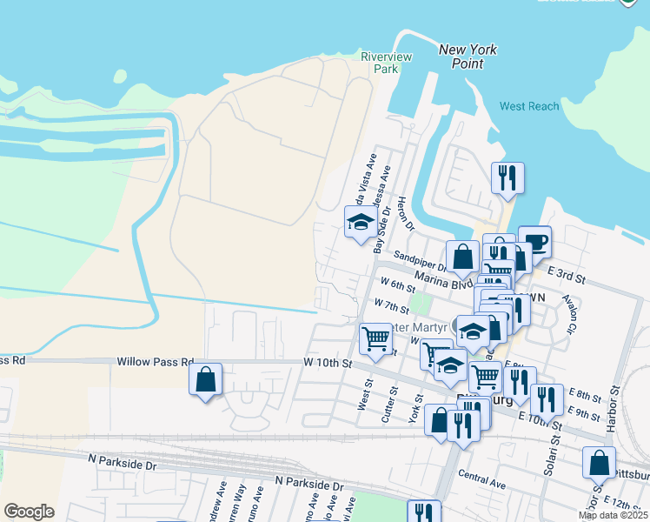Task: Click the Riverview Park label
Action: pyautogui.click(x=386, y=62)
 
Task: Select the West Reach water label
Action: pyautogui.click(x=529, y=106)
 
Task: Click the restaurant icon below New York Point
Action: pyautogui.click(x=507, y=177)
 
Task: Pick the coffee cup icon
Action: pyautogui.click(x=534, y=241)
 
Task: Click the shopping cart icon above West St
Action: pyautogui.click(x=375, y=338)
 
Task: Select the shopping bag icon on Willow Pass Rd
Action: pyautogui.click(x=205, y=379)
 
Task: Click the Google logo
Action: pyautogui.click(x=29, y=512)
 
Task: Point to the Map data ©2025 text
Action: pyautogui.click(x=613, y=515)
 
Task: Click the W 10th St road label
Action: pyautogui.click(x=327, y=362)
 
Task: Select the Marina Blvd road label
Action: pyautogui.click(x=443, y=278)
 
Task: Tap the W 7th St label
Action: pyautogui.click(x=391, y=306)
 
